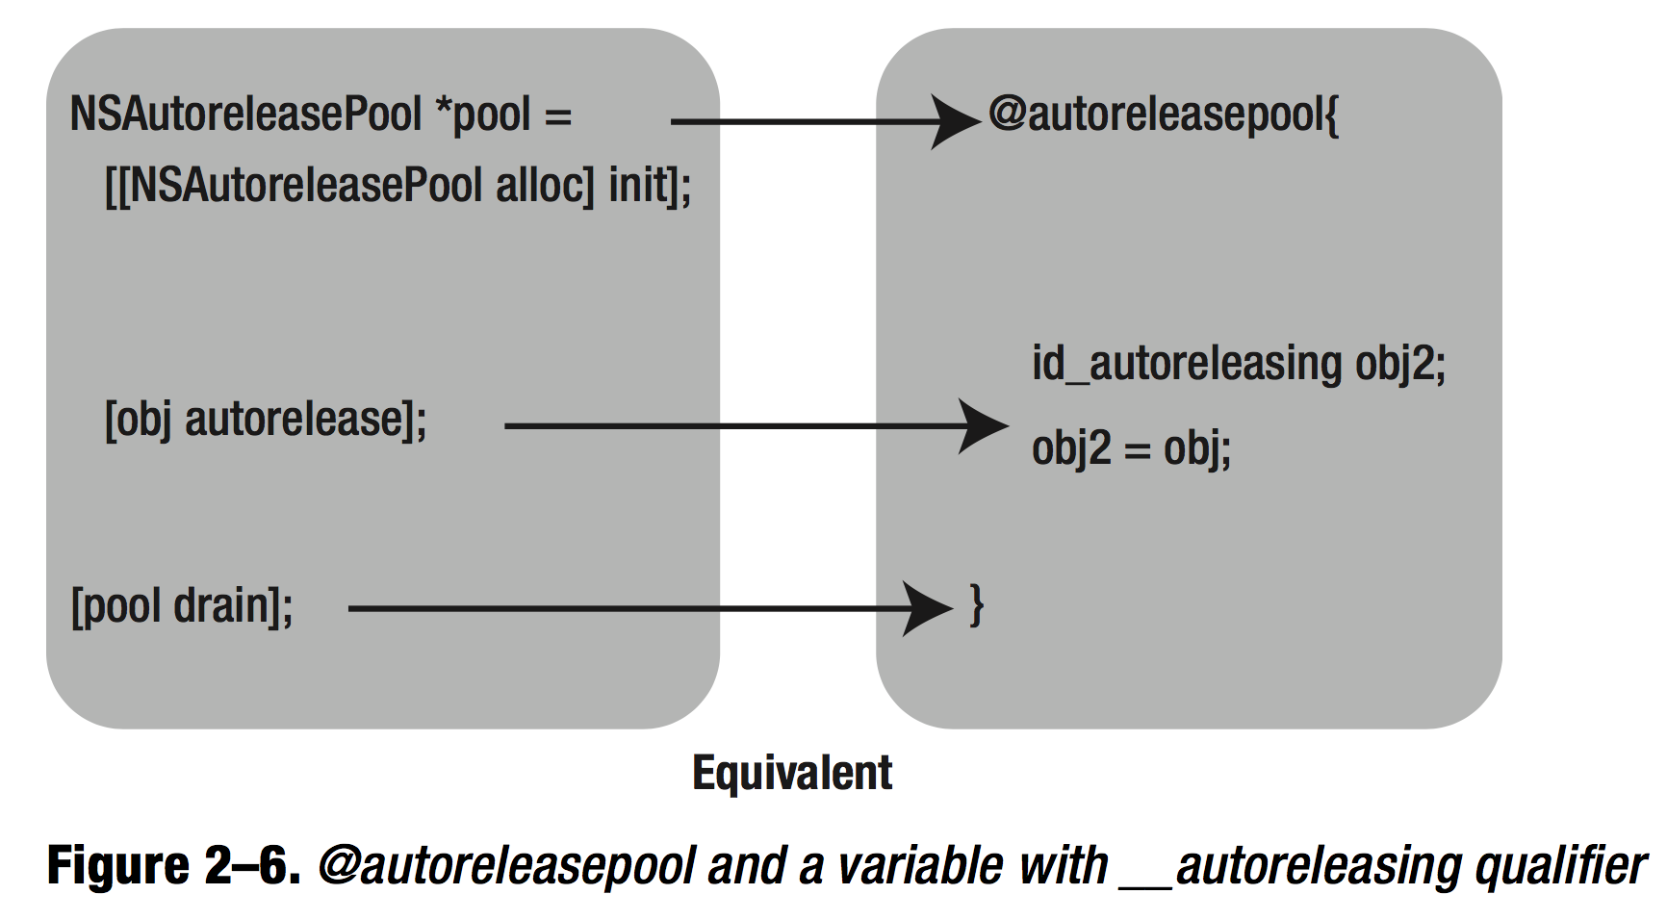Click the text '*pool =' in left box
click(502, 115)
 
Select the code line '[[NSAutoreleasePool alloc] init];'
click(398, 185)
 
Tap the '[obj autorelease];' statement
click(266, 420)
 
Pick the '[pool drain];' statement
click(182, 606)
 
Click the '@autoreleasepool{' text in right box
click(1164, 115)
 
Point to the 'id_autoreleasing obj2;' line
click(1238, 364)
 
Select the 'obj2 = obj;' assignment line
click(1131, 447)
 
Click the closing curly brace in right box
click(976, 606)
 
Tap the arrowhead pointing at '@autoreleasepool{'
click(955, 122)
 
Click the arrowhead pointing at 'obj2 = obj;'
click(984, 426)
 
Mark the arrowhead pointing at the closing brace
click(929, 608)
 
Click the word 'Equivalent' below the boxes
click(792, 773)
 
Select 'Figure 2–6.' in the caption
click(173, 865)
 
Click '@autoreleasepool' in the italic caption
click(506, 865)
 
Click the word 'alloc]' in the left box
click(545, 185)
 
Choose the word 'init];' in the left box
click(650, 185)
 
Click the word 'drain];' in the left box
click(233, 606)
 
